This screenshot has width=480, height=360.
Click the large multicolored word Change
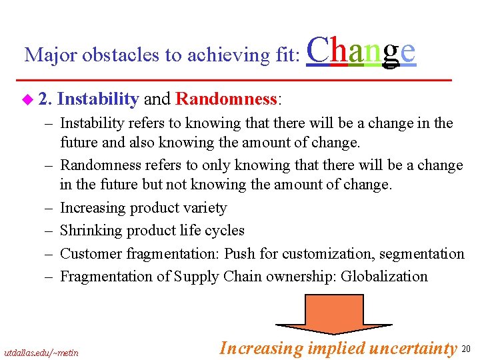point(361,51)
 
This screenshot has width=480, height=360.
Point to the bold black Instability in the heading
point(98,99)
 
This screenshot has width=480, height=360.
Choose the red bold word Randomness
point(226,99)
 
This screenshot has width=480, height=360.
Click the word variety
point(201,208)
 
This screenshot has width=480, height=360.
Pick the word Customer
point(89,253)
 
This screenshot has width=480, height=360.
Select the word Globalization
point(384,276)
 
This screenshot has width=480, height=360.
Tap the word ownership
point(303,276)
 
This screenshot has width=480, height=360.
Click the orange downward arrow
point(325,314)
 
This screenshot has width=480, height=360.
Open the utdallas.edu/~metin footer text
point(41,352)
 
